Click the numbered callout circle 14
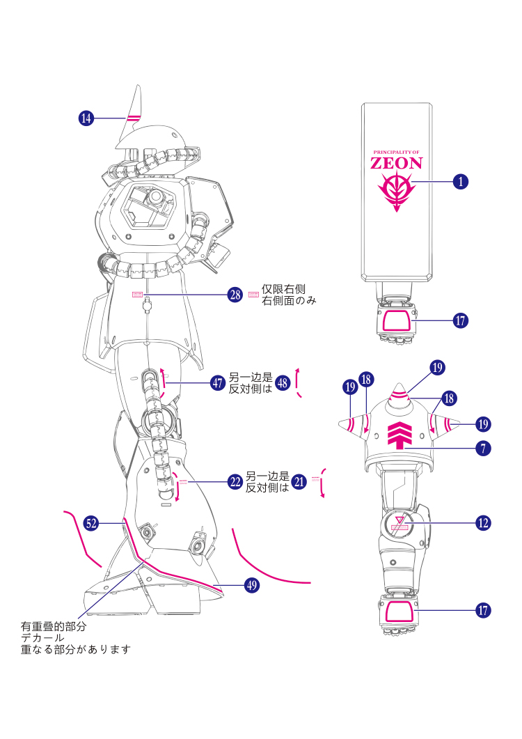[86, 119]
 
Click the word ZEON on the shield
[396, 164]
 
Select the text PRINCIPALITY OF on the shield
[396, 152]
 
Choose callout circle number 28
[235, 295]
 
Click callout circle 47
[218, 383]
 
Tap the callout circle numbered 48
[282, 383]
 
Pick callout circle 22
[235, 481]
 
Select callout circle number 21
[299, 481]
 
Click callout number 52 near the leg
[91, 522]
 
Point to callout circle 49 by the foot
[251, 586]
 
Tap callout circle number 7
[484, 449]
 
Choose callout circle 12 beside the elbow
[484, 522]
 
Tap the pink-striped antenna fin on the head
[134, 115]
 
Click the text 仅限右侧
[283, 289]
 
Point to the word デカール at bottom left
[42, 638]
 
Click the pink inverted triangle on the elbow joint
[400, 520]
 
